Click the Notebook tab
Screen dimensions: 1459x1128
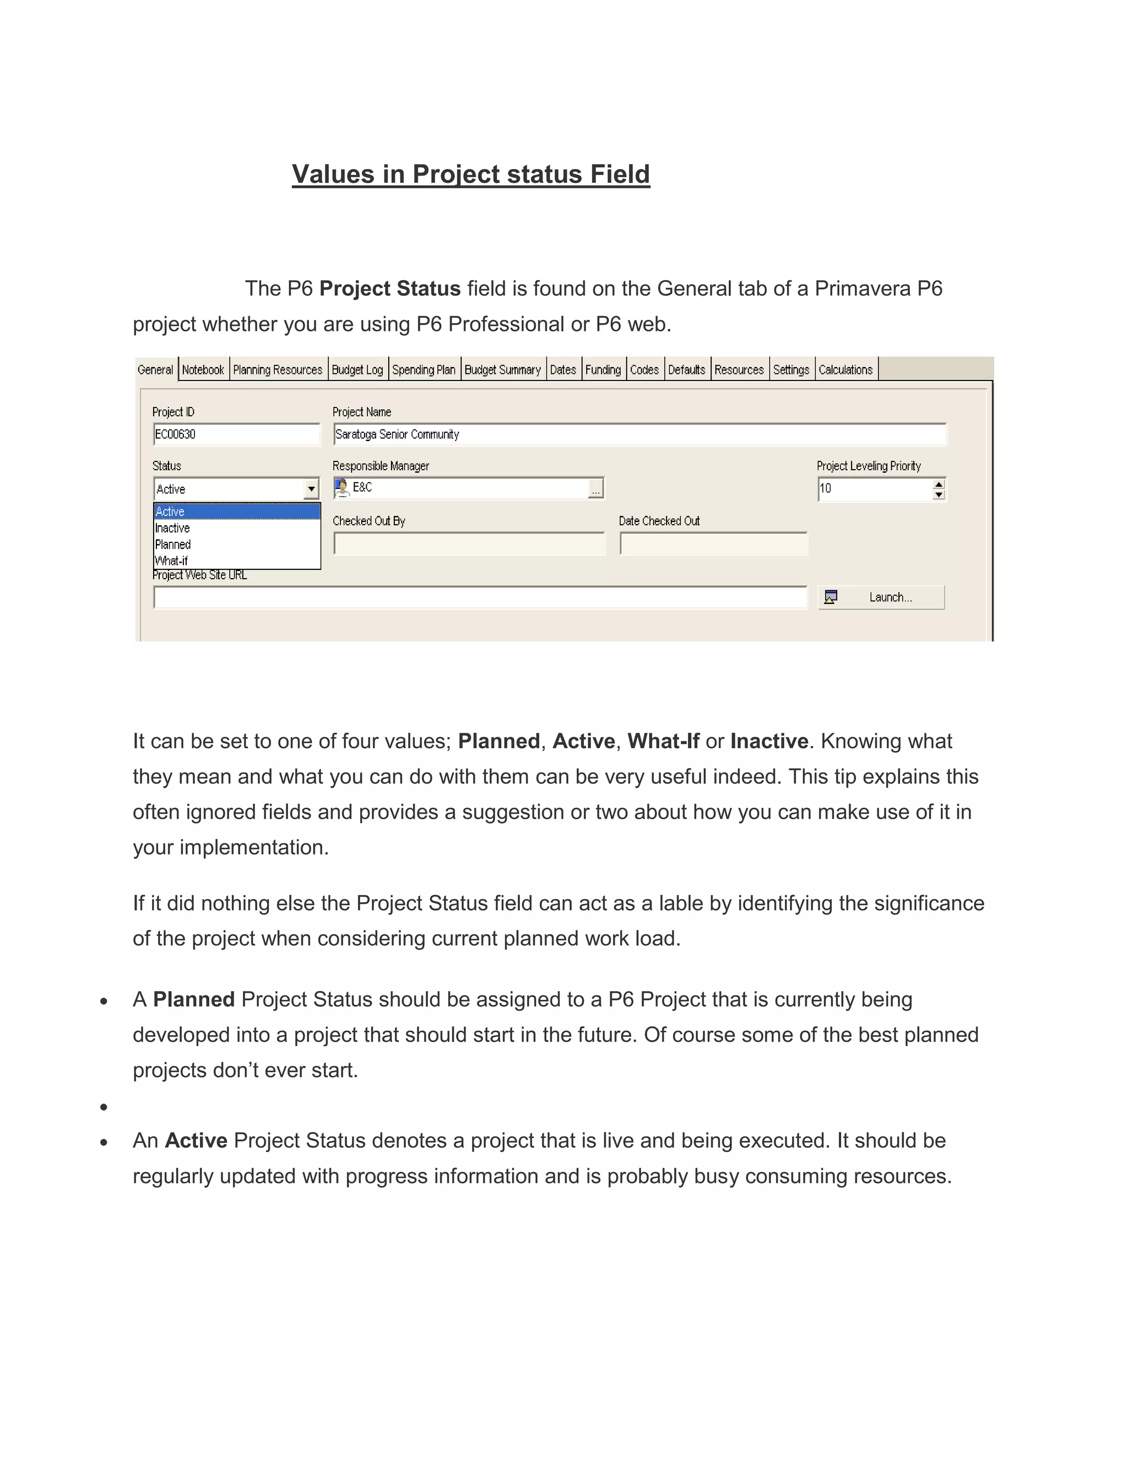coord(203,369)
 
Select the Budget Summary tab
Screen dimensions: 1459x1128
coord(502,369)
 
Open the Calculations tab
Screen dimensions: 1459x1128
coord(845,369)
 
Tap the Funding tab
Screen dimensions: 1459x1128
coord(603,369)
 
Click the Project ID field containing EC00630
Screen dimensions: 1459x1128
coord(236,434)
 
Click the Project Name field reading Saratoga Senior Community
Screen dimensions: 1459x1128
coord(639,434)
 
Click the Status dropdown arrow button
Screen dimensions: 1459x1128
coord(311,489)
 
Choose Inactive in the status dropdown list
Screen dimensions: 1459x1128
coord(172,528)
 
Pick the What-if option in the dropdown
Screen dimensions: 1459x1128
coord(171,560)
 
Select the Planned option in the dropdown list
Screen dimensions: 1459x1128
coord(173,545)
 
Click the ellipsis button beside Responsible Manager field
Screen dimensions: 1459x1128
coord(595,489)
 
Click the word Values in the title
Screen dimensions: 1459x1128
coord(333,175)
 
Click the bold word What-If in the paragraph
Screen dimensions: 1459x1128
coord(663,741)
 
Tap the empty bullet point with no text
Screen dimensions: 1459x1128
coord(104,1108)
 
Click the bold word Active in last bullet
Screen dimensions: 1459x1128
coord(196,1140)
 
